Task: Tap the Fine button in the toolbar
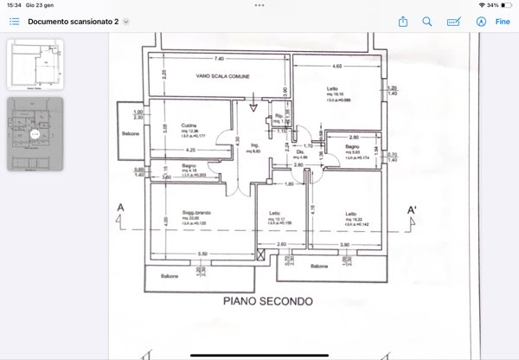tap(503, 22)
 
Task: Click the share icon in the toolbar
tap(402, 22)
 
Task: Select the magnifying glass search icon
tap(427, 22)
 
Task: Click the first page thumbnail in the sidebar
tap(35, 63)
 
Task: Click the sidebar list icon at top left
tap(14, 22)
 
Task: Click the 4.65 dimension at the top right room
tap(337, 65)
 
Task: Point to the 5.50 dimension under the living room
tap(202, 254)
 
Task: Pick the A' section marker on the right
tap(413, 209)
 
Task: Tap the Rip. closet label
tap(279, 116)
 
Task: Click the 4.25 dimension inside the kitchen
tap(189, 150)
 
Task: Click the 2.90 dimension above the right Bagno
tap(353, 138)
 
